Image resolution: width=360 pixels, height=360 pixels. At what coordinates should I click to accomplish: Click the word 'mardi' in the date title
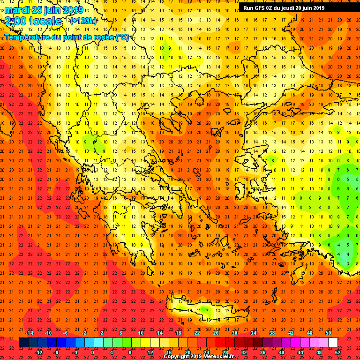click(15, 10)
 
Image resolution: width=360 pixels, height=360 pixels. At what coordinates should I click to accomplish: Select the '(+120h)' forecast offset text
click(83, 21)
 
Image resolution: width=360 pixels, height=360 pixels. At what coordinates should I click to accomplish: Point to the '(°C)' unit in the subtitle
click(122, 37)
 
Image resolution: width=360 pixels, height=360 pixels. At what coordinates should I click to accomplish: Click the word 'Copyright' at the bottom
click(177, 357)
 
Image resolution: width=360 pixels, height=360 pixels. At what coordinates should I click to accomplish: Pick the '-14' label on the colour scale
click(29, 333)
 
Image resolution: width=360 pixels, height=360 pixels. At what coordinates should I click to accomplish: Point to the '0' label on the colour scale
click(93, 352)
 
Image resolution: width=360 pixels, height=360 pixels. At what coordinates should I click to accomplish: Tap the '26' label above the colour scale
click(216, 333)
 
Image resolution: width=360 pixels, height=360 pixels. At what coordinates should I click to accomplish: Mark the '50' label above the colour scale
click(328, 333)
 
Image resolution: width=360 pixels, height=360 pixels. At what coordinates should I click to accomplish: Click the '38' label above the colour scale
click(272, 333)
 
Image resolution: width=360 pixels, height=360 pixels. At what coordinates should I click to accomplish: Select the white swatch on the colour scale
click(333, 343)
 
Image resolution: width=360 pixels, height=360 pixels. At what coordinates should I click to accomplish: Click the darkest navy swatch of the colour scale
click(23, 343)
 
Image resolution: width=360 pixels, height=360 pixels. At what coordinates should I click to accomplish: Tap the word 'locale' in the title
click(45, 21)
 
